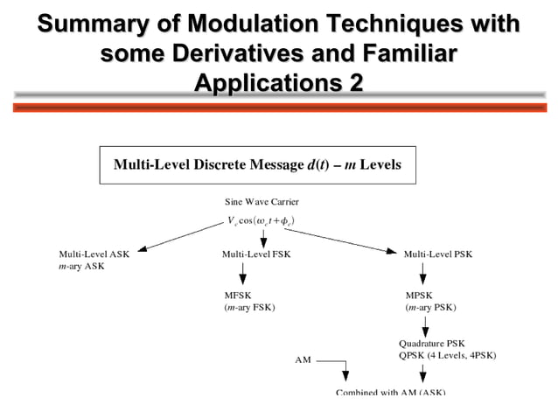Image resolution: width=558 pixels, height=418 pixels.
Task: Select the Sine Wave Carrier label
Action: (x=262, y=202)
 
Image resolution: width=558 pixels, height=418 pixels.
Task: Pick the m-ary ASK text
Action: (x=81, y=265)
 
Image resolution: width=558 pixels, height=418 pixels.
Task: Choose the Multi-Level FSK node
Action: (x=256, y=254)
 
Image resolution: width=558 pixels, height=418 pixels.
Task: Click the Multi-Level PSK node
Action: (x=437, y=254)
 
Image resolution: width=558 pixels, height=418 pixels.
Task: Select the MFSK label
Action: (x=238, y=296)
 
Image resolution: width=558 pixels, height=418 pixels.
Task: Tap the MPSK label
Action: (x=418, y=296)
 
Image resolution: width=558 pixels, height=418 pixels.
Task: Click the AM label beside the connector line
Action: (x=303, y=359)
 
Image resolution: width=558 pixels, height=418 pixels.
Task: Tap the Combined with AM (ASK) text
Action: (x=390, y=392)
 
